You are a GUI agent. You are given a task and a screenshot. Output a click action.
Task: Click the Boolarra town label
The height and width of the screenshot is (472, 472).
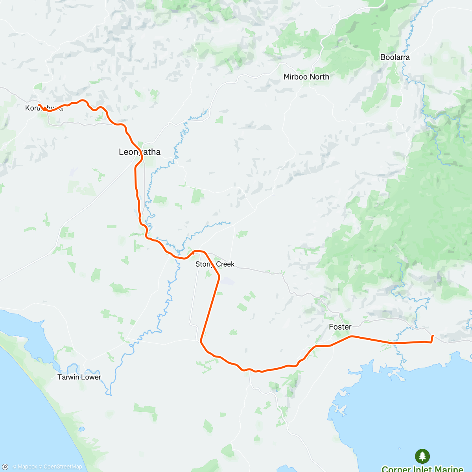pyautogui.click(x=395, y=57)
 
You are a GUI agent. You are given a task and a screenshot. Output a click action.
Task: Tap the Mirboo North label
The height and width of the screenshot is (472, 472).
pyautogui.click(x=306, y=77)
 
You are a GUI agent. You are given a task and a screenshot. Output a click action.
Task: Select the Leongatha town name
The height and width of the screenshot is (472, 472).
pyautogui.click(x=140, y=152)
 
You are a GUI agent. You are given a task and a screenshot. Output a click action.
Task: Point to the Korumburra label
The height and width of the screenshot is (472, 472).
pyautogui.click(x=44, y=108)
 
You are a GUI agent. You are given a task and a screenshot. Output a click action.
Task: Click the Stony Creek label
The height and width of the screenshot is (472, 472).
pyautogui.click(x=215, y=264)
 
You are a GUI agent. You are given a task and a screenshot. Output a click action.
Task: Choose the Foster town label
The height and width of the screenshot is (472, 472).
pyautogui.click(x=340, y=327)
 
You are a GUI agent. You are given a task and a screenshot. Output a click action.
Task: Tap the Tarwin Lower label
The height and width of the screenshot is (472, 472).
pyautogui.click(x=79, y=377)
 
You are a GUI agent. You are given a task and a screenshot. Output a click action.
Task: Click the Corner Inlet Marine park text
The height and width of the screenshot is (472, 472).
pyautogui.click(x=422, y=468)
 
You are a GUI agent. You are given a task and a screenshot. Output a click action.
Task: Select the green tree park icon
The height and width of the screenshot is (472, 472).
pyautogui.click(x=422, y=456)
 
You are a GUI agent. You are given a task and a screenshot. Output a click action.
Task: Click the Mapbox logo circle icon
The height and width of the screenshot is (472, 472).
pyautogui.click(x=6, y=467)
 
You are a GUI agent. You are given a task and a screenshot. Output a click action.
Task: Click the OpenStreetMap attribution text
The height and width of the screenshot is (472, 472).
pyautogui.click(x=63, y=467)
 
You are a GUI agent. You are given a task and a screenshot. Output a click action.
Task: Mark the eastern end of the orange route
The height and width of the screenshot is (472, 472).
pyautogui.click(x=433, y=336)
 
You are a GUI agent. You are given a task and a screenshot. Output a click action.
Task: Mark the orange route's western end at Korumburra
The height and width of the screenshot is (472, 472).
pyautogui.click(x=39, y=105)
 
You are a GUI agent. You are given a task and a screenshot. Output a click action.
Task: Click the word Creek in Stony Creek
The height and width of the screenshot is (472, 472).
pyautogui.click(x=225, y=264)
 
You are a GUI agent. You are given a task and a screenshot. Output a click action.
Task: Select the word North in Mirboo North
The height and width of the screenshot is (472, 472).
pyautogui.click(x=319, y=77)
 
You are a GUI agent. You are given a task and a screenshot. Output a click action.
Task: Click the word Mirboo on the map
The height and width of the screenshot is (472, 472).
pyautogui.click(x=295, y=77)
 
